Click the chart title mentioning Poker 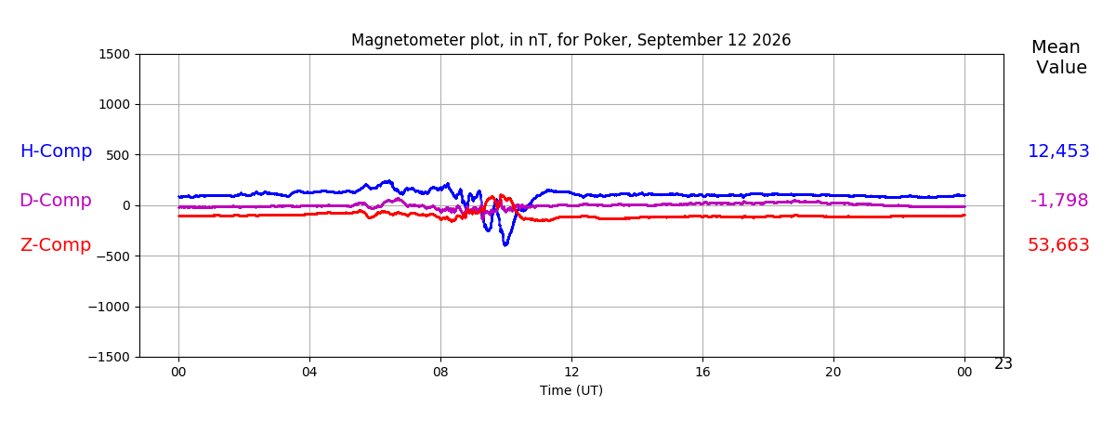[571, 40]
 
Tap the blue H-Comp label [57, 151]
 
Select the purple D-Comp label [56, 200]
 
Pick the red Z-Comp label [56, 245]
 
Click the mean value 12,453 [1058, 151]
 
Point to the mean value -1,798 [1059, 200]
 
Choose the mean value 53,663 [1058, 245]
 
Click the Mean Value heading [1059, 57]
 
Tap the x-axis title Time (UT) [571, 391]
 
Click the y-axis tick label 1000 [114, 104]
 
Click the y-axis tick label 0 [126, 205]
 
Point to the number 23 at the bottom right [1003, 364]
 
